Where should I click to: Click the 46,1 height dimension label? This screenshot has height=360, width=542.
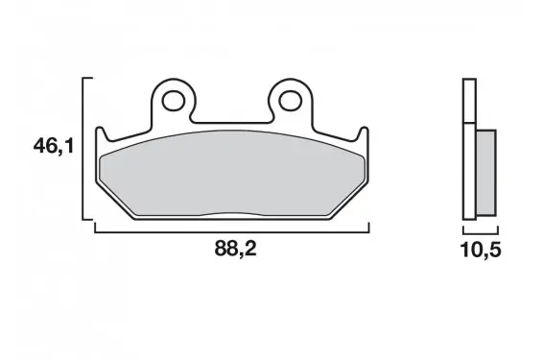[54, 146]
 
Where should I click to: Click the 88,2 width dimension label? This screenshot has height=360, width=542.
[235, 248]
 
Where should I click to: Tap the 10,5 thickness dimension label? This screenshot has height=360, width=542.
[481, 250]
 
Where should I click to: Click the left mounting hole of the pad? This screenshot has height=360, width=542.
[174, 101]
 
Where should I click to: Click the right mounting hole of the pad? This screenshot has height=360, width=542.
[290, 101]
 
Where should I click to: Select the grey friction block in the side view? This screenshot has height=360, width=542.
[486, 173]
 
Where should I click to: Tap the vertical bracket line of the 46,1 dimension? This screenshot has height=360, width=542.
[82, 149]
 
